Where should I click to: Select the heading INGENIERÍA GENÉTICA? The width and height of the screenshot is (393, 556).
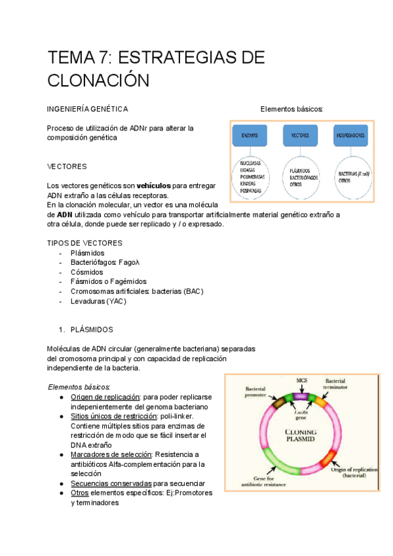[x=88, y=109]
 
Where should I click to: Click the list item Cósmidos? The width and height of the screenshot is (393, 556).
[x=86, y=272]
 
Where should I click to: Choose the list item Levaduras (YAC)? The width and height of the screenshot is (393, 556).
[x=98, y=301]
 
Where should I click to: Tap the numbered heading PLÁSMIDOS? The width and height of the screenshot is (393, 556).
[x=92, y=330]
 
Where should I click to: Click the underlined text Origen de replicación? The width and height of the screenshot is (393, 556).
[x=105, y=397]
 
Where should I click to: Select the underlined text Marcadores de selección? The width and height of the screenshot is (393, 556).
[x=111, y=454]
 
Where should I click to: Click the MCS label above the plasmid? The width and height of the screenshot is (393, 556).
[x=301, y=380]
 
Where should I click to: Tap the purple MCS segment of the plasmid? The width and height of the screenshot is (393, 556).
[x=301, y=396]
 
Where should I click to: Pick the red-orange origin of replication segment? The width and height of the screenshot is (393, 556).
[x=328, y=459]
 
